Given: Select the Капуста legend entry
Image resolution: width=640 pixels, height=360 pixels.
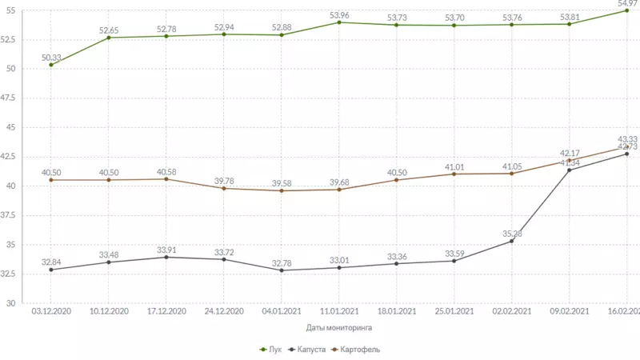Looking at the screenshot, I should coord(310,350).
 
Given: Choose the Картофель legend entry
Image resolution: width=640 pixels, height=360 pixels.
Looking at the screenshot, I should coord(356,350).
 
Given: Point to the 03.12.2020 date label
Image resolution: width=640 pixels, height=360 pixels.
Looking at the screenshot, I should coord(51,311).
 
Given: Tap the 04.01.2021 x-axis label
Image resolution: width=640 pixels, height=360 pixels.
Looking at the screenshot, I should coord(282,311).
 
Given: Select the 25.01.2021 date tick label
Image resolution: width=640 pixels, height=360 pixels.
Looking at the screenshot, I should coord(454,311).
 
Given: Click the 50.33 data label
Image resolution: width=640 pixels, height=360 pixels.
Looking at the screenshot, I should coord(51,56).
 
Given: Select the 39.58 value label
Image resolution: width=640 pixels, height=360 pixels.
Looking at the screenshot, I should coord(282,183).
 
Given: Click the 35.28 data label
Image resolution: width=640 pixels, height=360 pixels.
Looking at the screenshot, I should coord(511,234).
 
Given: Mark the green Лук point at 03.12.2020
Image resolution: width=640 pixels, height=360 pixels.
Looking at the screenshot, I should coord(51,65).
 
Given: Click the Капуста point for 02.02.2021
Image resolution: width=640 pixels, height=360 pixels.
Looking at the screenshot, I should coord(511,242).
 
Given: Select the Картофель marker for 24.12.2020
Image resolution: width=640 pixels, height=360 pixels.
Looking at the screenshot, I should coord(224,188).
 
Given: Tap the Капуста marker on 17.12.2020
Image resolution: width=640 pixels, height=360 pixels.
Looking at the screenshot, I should coord(166,257).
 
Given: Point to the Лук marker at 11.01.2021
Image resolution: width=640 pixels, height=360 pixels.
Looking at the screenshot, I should coord(339,22).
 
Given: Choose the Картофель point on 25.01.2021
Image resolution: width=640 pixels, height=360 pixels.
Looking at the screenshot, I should coord(454,174).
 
